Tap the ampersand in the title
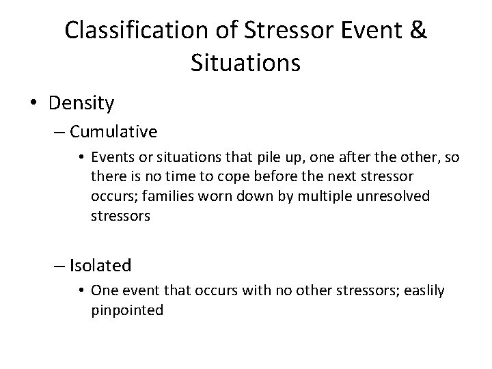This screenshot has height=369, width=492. pos(419,31)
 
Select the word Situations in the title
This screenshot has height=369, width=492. pos(246,64)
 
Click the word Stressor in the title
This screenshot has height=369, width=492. pos(286,31)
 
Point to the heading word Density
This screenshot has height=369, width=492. pos(81,103)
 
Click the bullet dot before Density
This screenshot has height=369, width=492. pos(34,104)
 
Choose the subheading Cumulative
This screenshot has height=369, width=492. pos(113,131)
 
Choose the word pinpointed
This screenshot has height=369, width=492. pos(126,310)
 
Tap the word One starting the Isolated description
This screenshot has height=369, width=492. pos(105,291)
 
